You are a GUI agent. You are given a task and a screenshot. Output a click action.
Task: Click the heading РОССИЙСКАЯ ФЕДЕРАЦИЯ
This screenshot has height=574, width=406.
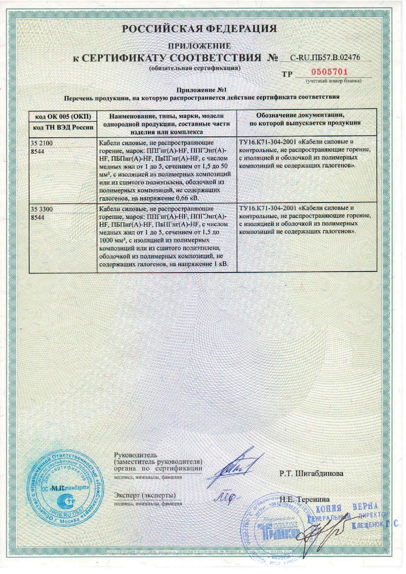pyautogui.click(x=199, y=29)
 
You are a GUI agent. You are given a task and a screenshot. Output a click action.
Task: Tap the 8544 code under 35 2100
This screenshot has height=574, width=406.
pyautogui.click(x=37, y=151)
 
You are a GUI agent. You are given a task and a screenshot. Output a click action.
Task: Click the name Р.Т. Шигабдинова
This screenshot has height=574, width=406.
pyautogui.click(x=311, y=474)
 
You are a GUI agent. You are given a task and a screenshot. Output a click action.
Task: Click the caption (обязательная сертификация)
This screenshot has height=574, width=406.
pyautogui.click(x=195, y=67)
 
